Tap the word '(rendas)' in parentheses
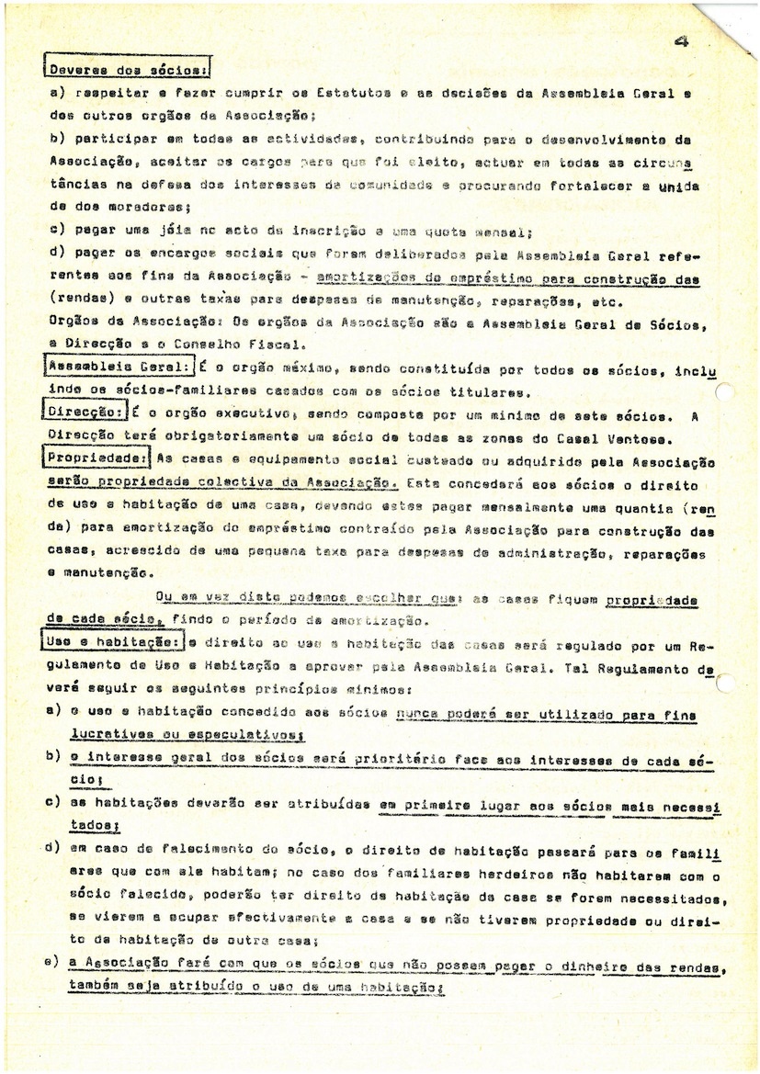tap(76, 301)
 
